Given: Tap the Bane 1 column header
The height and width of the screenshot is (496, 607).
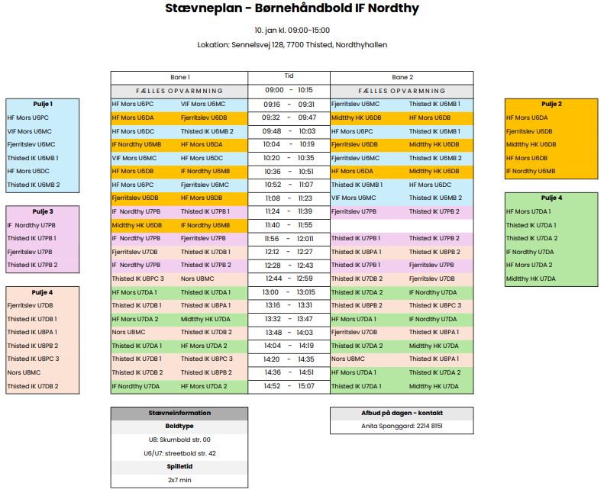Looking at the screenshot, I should [x=179, y=77].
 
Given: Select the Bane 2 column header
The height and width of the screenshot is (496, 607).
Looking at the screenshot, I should [x=402, y=77].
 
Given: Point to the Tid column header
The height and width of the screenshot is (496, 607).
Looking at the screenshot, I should [x=289, y=76].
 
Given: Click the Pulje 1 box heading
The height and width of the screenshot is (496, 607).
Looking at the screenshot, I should [x=43, y=104].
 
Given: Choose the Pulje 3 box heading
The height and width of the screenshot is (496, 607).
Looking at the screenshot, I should [x=43, y=211].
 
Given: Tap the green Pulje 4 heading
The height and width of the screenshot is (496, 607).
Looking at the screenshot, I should [x=551, y=198].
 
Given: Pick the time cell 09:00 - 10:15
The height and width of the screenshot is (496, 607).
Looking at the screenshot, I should [x=289, y=90].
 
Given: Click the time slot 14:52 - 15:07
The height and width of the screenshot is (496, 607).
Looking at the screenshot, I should [x=289, y=386].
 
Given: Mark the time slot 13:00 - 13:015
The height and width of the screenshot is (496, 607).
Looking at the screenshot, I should [x=289, y=292].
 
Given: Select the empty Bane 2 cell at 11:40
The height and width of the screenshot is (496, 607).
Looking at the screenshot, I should [x=402, y=225].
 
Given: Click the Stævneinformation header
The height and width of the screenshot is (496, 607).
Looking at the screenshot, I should [x=179, y=413].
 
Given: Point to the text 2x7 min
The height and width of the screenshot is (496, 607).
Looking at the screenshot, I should [x=179, y=480].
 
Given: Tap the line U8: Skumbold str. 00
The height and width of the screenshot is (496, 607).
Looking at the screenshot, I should [x=179, y=440].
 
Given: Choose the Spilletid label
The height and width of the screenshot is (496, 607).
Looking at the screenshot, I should [x=179, y=466].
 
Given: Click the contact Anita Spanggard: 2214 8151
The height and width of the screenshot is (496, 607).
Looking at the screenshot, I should [x=402, y=426].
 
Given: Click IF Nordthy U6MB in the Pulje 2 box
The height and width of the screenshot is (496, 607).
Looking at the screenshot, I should [x=531, y=171].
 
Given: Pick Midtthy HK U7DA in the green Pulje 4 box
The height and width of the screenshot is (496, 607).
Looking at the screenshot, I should [x=531, y=279].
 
